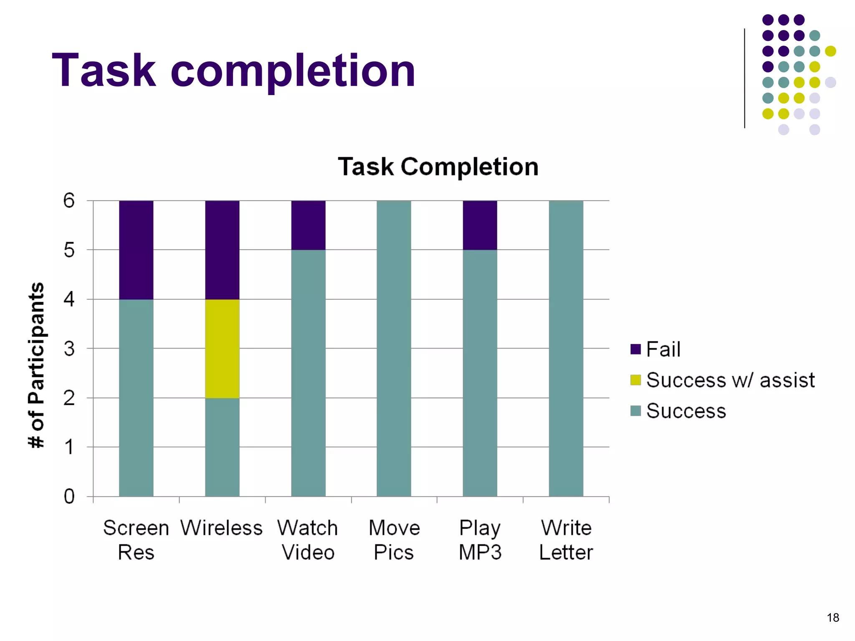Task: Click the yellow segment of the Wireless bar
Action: click(222, 348)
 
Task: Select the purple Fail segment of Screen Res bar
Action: click(136, 250)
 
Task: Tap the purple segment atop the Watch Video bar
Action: click(308, 225)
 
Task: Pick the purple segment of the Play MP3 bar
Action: click(480, 225)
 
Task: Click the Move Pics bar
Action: click(394, 348)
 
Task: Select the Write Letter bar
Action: click(566, 348)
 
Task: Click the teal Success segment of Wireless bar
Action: click(222, 447)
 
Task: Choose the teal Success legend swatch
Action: click(635, 411)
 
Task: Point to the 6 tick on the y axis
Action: click(69, 201)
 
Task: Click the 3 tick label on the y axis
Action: click(69, 348)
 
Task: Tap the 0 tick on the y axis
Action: click(69, 497)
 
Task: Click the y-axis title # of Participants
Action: click(36, 365)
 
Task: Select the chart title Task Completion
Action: click(438, 167)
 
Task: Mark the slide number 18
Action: click(832, 618)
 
